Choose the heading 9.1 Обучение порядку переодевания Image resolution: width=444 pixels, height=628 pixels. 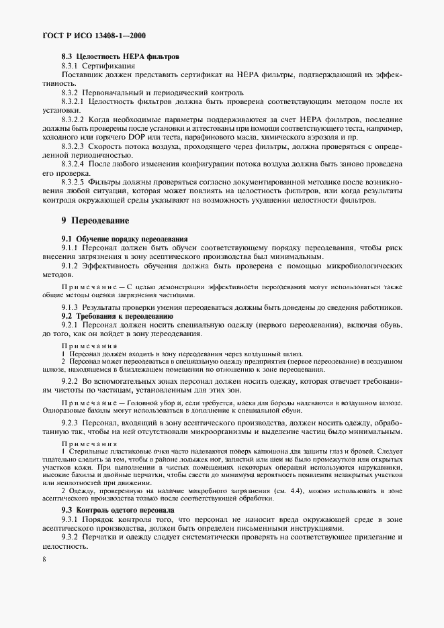(x=124, y=239)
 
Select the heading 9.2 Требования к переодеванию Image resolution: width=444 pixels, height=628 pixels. (x=118, y=315)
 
